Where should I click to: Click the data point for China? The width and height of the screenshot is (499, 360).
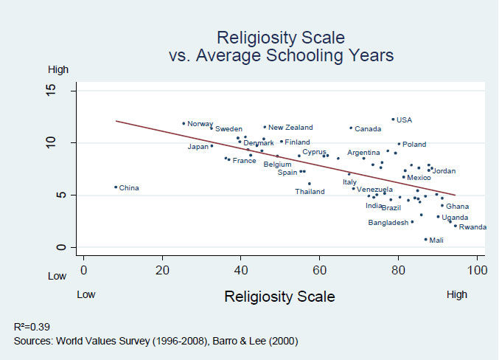click(116, 187)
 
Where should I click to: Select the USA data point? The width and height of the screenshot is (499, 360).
click(393, 119)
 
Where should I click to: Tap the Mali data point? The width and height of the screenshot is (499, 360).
click(425, 239)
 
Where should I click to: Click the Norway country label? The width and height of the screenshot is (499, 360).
click(200, 124)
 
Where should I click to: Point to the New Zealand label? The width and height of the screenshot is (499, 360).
click(290, 128)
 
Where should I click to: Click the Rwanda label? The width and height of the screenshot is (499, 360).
click(472, 227)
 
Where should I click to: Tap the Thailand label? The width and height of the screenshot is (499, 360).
click(310, 192)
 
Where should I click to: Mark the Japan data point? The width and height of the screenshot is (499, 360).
click(212, 146)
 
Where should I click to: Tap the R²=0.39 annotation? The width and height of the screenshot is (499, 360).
click(32, 326)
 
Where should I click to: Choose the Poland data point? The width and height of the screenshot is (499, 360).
click(399, 145)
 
